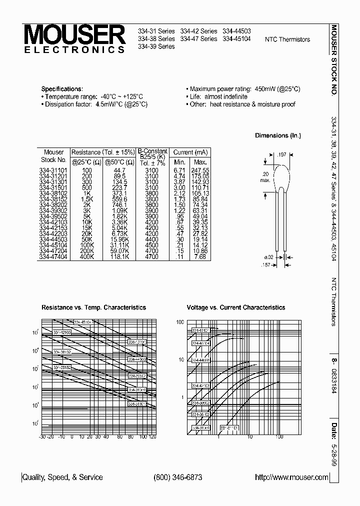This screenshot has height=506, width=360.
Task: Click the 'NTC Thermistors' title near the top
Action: [287, 39]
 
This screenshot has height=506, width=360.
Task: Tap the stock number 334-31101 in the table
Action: [53, 170]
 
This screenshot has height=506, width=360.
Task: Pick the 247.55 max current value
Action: [200, 170]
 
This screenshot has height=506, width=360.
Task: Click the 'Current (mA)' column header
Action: [189, 152]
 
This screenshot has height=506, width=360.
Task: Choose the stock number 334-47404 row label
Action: [53, 256]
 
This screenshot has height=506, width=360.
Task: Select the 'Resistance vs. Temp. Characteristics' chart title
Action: [93, 307]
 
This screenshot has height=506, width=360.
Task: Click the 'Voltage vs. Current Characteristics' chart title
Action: [235, 307]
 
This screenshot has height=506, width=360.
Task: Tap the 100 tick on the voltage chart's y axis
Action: [180, 322]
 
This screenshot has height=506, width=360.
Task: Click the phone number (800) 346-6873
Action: [178, 477]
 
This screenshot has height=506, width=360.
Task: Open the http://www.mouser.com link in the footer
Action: [291, 477]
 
